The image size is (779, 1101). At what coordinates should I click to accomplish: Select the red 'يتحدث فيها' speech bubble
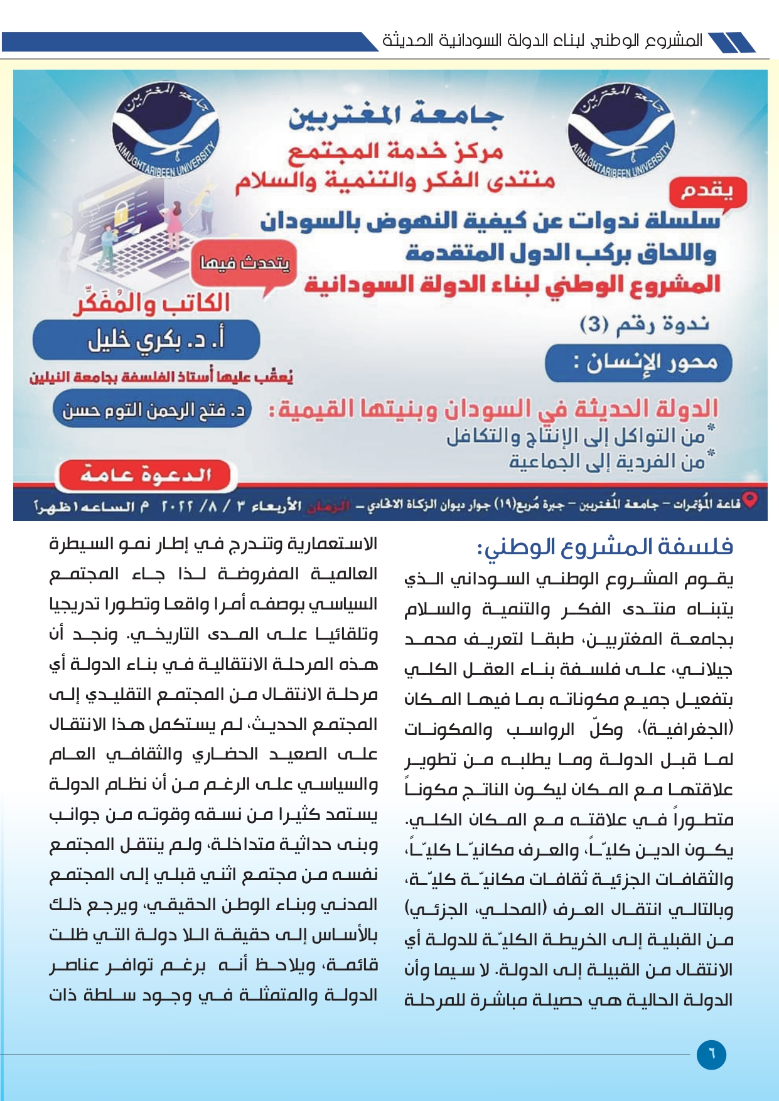[244, 264]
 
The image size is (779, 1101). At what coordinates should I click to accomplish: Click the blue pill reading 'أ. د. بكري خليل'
[147, 340]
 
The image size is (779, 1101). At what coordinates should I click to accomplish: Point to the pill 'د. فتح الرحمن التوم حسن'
[153, 410]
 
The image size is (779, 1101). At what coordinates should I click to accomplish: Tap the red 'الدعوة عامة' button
[145, 475]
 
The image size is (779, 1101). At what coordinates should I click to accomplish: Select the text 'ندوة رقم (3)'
[644, 325]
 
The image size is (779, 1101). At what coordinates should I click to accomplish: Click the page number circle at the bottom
[711, 1054]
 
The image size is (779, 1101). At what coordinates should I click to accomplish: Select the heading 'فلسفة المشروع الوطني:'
[605, 547]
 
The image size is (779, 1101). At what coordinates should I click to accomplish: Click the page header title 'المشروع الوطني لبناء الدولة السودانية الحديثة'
[542, 41]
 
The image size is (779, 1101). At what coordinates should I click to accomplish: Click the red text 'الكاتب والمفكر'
[152, 304]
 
